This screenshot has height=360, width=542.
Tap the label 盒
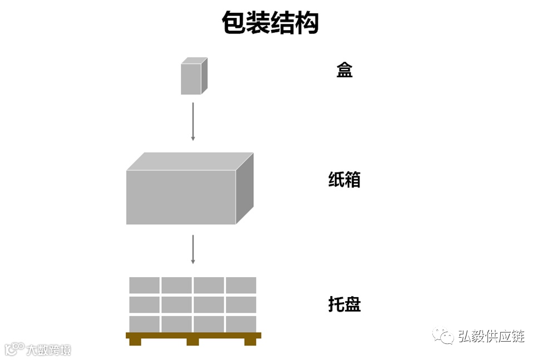pyautogui.click(x=344, y=70)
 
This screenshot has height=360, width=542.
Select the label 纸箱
pyautogui.click(x=344, y=180)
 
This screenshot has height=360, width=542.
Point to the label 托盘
pyautogui.click(x=344, y=305)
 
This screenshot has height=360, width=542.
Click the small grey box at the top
pyautogui.click(x=191, y=78)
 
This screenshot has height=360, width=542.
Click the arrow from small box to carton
pyautogui.click(x=193, y=121)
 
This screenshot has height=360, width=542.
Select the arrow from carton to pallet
pyautogui.click(x=193, y=249)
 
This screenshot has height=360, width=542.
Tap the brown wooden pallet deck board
pyautogui.click(x=193, y=335)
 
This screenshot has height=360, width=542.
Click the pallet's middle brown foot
pyautogui.click(x=193, y=342)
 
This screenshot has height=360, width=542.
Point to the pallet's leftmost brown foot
pyautogui.click(x=135, y=342)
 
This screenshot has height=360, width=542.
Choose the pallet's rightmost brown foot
pyautogui.click(x=250, y=342)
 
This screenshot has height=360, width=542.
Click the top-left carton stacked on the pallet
pyautogui.click(x=145, y=285)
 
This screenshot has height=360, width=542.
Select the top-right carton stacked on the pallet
pyautogui.click(x=241, y=285)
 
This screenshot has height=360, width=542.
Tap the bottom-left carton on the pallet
pyautogui.click(x=145, y=324)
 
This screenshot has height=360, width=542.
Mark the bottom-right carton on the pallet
pyautogui.click(x=241, y=324)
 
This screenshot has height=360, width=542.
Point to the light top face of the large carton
pyautogui.click(x=189, y=161)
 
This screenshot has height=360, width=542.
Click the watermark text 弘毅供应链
pyautogui.click(x=491, y=336)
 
